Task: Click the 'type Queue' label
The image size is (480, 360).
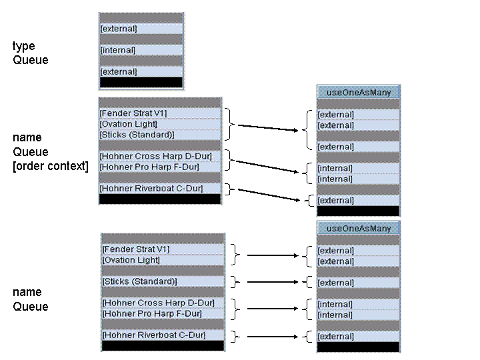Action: click(30, 53)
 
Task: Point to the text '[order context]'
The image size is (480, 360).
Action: click(51, 166)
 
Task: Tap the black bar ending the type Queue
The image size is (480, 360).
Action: click(141, 83)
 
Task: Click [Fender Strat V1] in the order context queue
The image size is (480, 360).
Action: click(133, 113)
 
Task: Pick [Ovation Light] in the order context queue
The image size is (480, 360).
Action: click(128, 124)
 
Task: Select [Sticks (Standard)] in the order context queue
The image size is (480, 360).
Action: click(137, 135)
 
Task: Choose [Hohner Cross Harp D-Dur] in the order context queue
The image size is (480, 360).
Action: click(155, 156)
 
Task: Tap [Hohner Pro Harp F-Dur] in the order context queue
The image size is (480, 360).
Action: click(149, 167)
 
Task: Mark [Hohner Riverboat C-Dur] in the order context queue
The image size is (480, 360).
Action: click(151, 188)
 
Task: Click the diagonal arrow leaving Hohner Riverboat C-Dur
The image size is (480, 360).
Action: click(269, 195)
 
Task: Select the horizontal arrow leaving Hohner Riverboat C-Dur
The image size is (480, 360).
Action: click(273, 337)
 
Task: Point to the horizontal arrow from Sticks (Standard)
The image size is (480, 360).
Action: click(273, 281)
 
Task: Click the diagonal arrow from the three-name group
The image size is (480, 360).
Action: click(268, 127)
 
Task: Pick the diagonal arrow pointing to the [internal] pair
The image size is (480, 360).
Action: click(267, 167)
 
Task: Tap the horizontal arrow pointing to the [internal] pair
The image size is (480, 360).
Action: click(273, 309)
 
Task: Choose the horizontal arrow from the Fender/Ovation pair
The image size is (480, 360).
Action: click(273, 255)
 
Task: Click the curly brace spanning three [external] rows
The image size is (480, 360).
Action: click(307, 130)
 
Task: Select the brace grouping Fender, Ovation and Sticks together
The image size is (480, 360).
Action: click(230, 124)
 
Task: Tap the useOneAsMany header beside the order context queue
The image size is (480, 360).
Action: click(359, 92)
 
